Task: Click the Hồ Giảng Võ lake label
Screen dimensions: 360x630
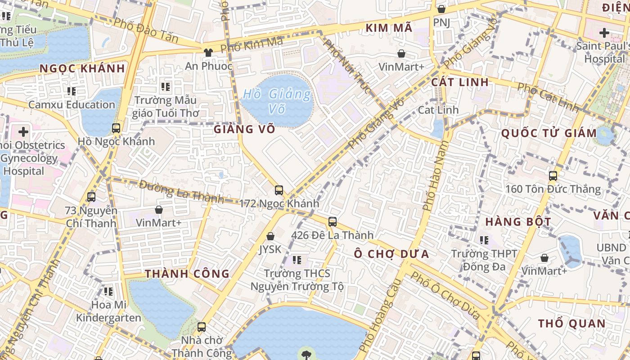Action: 277,101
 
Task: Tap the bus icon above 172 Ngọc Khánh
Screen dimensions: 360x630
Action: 279,190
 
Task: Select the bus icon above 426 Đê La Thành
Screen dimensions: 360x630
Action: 333,221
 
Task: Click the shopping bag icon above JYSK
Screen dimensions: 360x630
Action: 270,236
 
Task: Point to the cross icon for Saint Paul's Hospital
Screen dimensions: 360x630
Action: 604,33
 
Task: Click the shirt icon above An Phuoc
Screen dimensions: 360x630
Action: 208,52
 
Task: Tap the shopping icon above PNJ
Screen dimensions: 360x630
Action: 441,9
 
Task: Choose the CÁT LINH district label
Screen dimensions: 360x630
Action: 459,82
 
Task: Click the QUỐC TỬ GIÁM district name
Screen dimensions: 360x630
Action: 549,133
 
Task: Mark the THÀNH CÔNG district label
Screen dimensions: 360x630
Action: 187,274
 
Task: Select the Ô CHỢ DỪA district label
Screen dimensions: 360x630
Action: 391,254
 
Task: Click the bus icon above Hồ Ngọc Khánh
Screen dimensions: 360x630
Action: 116,128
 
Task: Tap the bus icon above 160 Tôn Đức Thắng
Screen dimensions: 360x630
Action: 553,176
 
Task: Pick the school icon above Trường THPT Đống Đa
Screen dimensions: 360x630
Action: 484,240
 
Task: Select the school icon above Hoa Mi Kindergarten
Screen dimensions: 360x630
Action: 108,292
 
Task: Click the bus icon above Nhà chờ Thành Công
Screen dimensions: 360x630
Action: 202,327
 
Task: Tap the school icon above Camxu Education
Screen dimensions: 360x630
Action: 72,91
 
